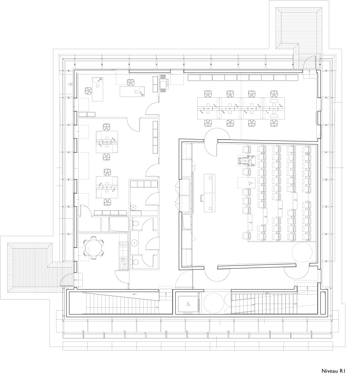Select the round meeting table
[x=93, y=248]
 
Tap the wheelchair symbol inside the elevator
[x=188, y=304]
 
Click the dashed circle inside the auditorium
[x=302, y=252]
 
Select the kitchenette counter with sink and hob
[x=123, y=256]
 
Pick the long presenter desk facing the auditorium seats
[x=209, y=193]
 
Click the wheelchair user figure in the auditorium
[x=247, y=160]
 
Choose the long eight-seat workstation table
[x=241, y=108]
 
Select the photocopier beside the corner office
[x=165, y=83]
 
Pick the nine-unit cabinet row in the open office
[x=243, y=78]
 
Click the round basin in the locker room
[x=133, y=207]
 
